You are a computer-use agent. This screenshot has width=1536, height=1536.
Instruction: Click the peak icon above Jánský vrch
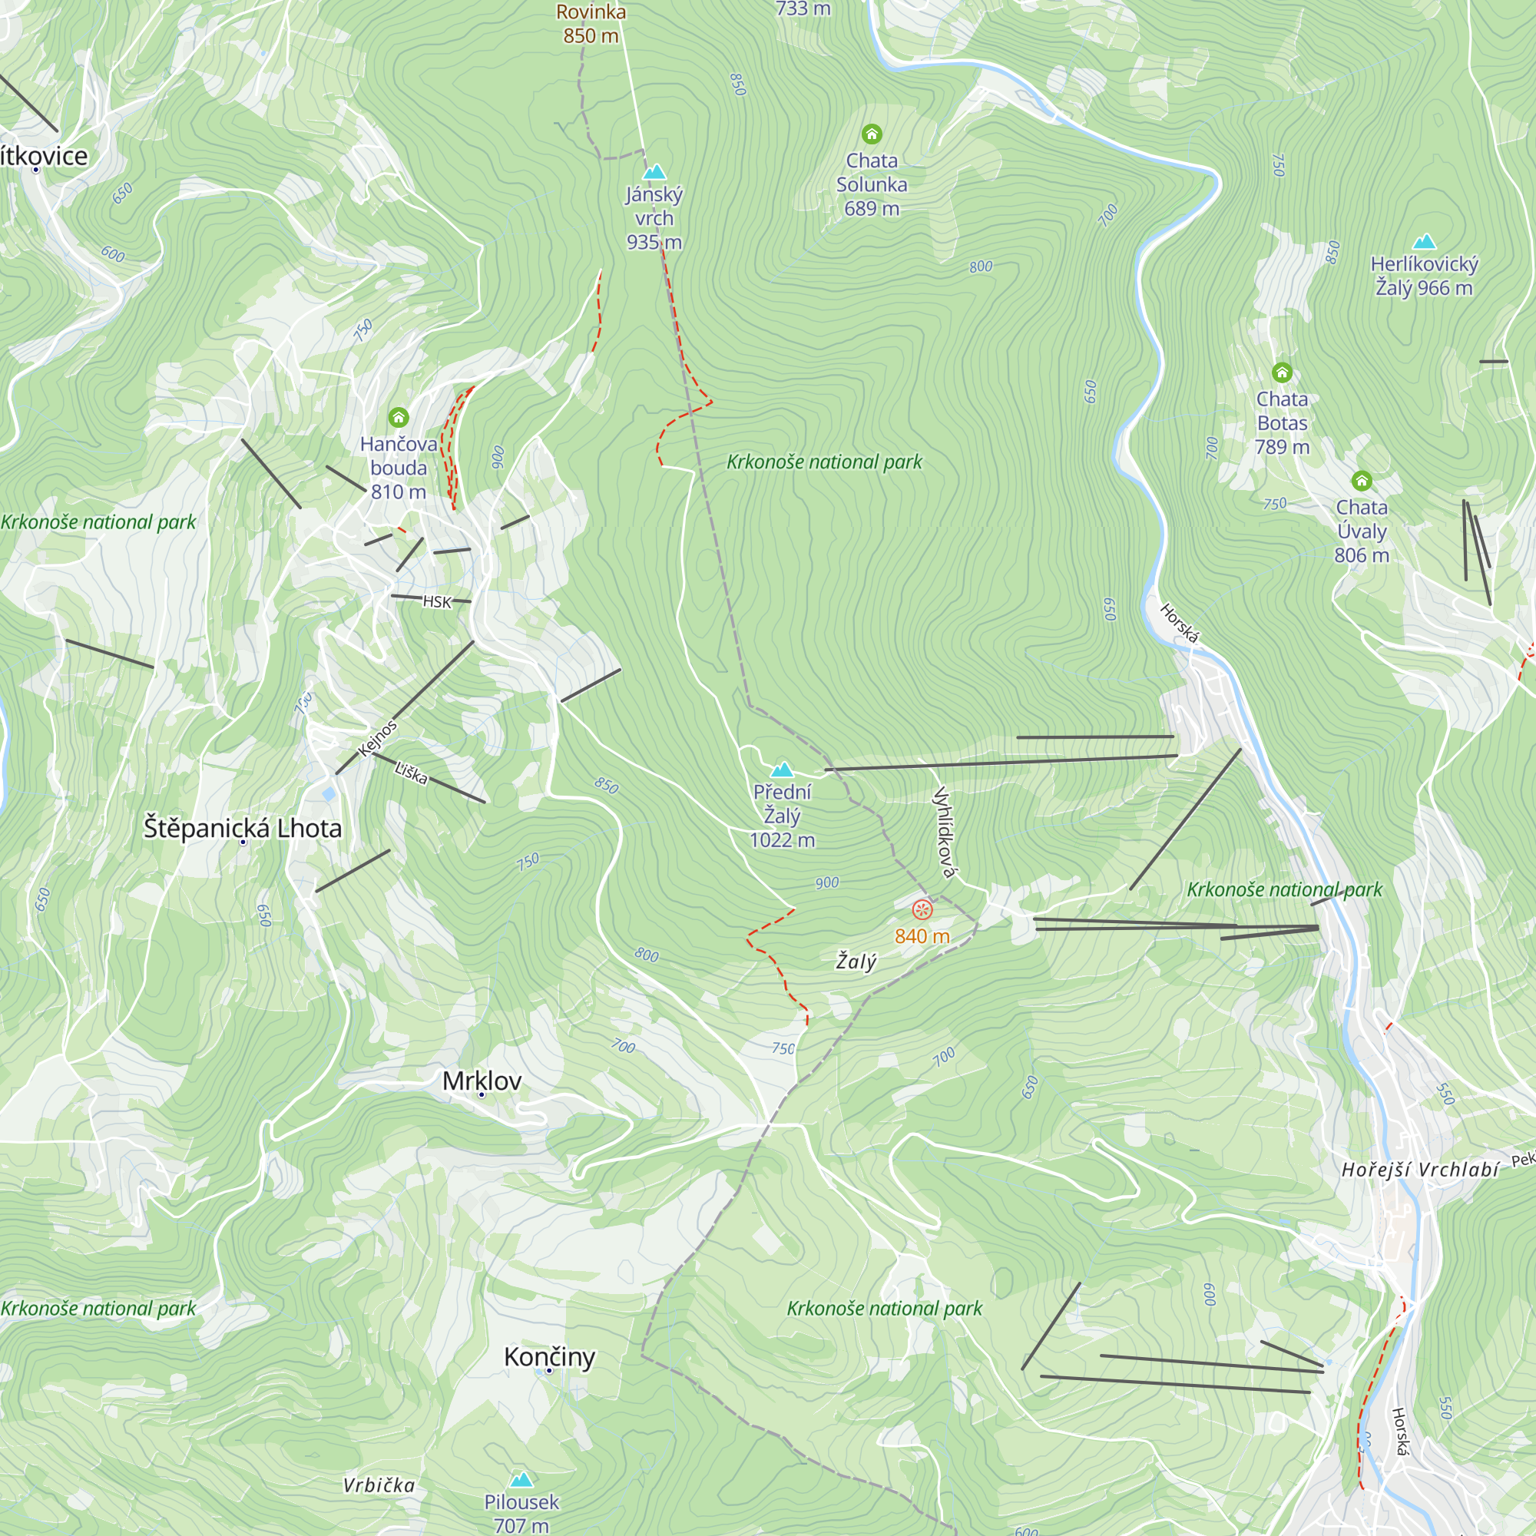[x=654, y=172]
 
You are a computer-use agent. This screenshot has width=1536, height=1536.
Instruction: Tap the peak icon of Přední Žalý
[x=783, y=770]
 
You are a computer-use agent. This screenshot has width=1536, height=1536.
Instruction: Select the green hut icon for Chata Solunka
[x=872, y=134]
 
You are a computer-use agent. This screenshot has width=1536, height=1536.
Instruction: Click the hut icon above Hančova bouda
[x=399, y=417]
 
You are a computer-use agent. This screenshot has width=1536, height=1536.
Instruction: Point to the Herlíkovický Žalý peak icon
[x=1424, y=242]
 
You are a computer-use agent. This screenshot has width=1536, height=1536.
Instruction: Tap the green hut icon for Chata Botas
[x=1282, y=372]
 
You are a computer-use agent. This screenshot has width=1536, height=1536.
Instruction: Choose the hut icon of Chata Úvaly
[x=1361, y=480]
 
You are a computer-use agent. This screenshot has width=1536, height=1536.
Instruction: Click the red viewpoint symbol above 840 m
[x=922, y=909]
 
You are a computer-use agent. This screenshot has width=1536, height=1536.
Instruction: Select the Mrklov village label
[x=482, y=1081]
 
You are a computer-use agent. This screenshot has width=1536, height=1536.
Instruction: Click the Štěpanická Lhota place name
[x=243, y=829]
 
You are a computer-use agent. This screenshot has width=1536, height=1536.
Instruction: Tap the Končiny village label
[x=549, y=1356]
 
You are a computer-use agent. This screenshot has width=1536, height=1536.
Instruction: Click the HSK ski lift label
[x=436, y=602]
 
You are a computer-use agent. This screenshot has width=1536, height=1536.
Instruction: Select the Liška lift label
[x=411, y=773]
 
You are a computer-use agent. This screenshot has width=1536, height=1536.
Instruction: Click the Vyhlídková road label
[x=944, y=832]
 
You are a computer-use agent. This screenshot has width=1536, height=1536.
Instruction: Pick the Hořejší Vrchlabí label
[x=1420, y=1170]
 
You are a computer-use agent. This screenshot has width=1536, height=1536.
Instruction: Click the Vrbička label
[x=379, y=1485]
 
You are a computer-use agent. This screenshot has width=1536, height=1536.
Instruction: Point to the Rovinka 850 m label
[x=591, y=24]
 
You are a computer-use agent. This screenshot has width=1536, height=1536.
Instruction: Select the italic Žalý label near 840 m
[x=856, y=962]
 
